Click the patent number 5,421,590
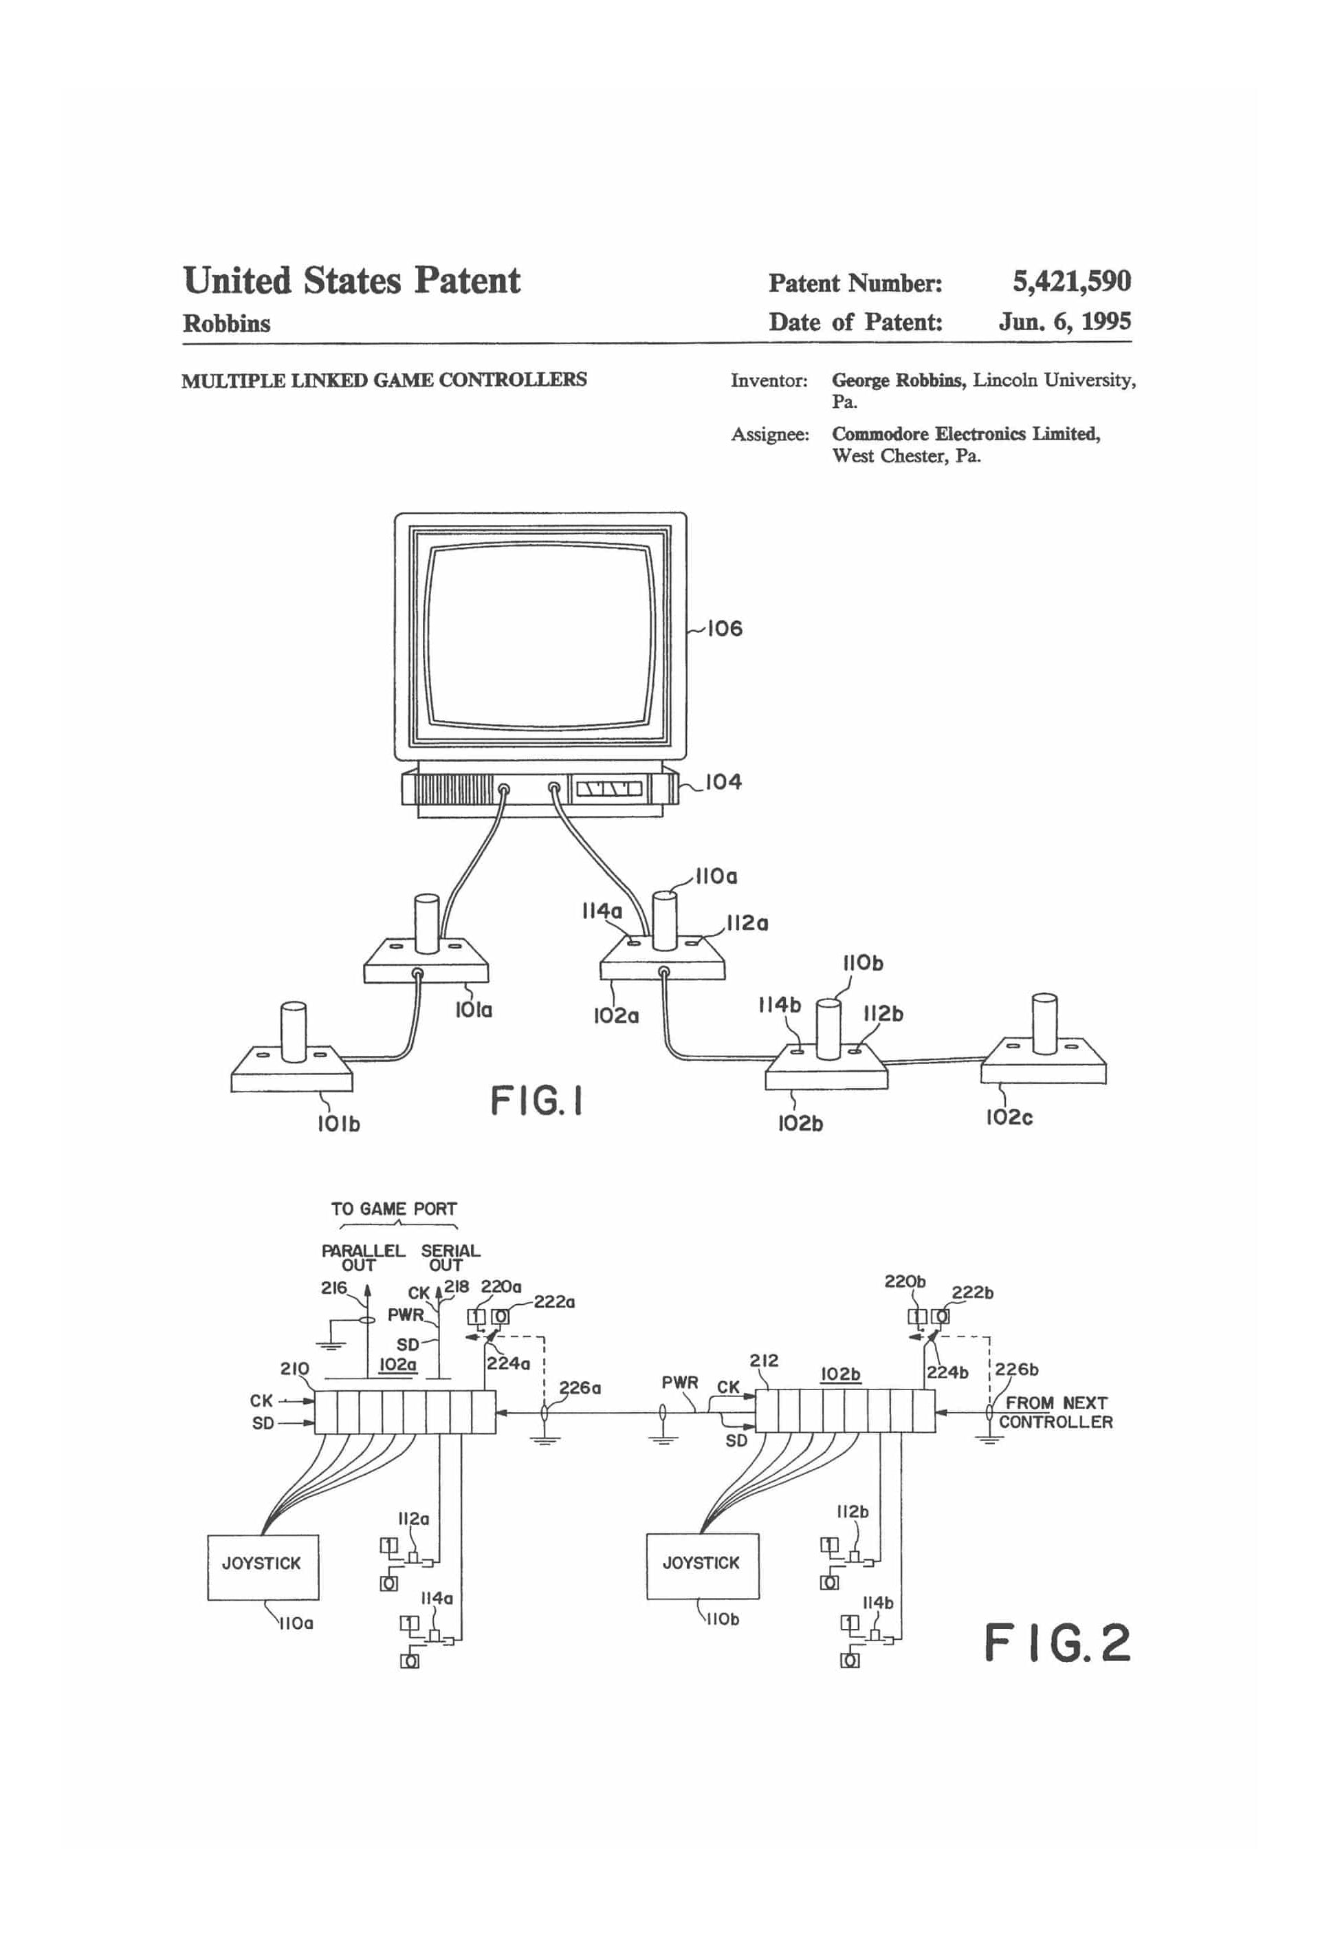point(1071,282)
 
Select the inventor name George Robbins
point(897,380)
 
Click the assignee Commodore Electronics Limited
point(965,433)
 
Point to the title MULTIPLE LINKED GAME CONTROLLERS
point(384,380)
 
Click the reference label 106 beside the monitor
point(724,629)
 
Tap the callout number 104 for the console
point(723,782)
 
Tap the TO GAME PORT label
point(394,1209)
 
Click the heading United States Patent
point(351,281)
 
